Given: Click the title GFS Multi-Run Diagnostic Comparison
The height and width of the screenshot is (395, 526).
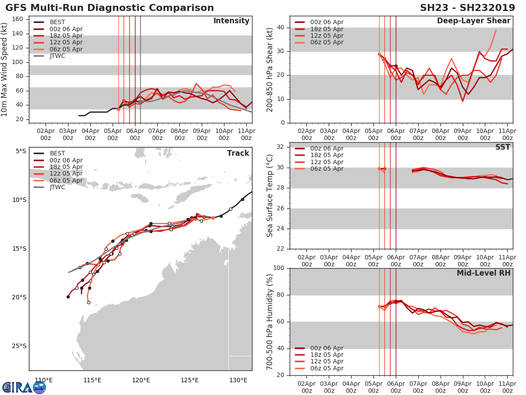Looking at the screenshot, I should (110, 8).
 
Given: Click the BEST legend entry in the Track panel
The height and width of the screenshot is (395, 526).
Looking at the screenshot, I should (57, 154).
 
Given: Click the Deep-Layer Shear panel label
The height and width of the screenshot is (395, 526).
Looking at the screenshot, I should (473, 21).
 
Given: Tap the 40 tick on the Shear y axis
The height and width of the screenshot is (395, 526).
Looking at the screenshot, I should (281, 28).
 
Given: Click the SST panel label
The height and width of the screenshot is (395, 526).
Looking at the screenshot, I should (503, 147).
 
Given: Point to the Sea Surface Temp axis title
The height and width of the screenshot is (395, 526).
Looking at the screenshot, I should (270, 195).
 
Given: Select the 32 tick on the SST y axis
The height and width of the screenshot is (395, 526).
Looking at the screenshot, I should (281, 147).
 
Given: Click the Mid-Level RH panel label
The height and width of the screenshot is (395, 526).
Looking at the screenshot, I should (483, 273).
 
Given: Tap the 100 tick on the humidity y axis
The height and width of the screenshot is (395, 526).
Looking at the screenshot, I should (278, 268).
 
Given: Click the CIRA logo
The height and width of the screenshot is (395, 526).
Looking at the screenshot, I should (24, 387).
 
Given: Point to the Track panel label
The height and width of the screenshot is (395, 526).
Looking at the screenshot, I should (238, 153).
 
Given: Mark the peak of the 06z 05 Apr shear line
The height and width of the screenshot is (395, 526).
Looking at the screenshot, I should (496, 30).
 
